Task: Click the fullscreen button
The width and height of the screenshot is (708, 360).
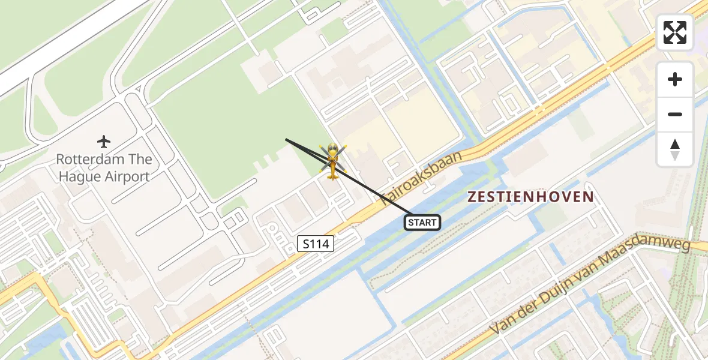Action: coord(675,32)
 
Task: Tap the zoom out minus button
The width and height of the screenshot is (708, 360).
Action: coord(675,114)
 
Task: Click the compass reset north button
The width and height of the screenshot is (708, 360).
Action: coord(675,149)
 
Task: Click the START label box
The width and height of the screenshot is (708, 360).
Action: coord(422,223)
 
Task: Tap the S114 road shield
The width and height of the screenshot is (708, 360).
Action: coord(316,244)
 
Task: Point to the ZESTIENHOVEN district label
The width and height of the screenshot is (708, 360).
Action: coord(530,197)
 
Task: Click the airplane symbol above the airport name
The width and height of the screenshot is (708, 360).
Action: coord(104,142)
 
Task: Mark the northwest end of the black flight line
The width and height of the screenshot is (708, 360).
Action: coord(286,139)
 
